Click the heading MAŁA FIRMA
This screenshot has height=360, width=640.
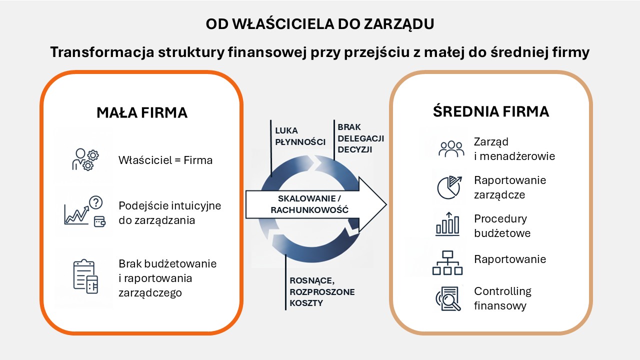pyautogui.click(x=142, y=112)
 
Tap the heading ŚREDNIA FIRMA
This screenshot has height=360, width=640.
pyautogui.click(x=491, y=111)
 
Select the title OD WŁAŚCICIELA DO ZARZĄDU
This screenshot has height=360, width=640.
pyautogui.click(x=319, y=23)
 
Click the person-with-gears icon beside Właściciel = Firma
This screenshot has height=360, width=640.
pyautogui.click(x=85, y=159)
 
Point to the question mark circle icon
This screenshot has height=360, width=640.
pyautogui.click(x=95, y=202)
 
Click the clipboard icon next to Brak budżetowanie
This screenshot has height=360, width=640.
pyautogui.click(x=85, y=276)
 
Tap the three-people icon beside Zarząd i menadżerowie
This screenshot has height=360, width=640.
pyautogui.click(x=451, y=149)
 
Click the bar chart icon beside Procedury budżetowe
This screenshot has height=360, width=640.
pyautogui.click(x=447, y=224)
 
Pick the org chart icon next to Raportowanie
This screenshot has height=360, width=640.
pyautogui.click(x=447, y=263)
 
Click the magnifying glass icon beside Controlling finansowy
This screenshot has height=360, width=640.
pyautogui.click(x=448, y=298)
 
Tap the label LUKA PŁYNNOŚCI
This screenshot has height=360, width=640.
pyautogui.click(x=300, y=136)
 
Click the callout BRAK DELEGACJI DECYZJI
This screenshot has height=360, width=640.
pyautogui.click(x=361, y=138)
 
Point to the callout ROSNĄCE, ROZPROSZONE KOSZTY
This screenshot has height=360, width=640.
pyautogui.click(x=322, y=291)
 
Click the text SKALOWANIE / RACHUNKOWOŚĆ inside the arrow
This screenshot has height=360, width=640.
pyautogui.click(x=309, y=204)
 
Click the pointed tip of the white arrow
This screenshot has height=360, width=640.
pyautogui.click(x=386, y=204)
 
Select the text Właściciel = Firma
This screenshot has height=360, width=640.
pyautogui.click(x=165, y=160)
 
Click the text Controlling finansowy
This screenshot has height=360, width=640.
pyautogui.click(x=502, y=298)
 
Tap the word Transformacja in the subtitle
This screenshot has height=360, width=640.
pyautogui.click(x=102, y=52)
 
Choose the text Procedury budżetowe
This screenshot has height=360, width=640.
pyautogui.click(x=502, y=225)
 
